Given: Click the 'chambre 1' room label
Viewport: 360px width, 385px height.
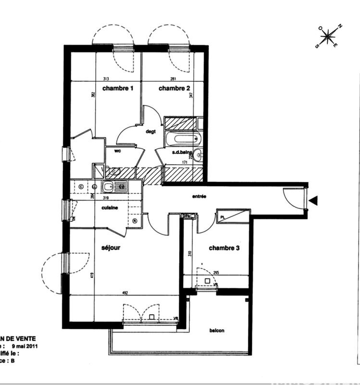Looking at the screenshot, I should click(x=118, y=89).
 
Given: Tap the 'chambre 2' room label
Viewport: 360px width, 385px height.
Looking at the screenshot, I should click(x=174, y=89).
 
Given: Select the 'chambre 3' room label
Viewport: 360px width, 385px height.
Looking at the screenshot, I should click(x=224, y=248).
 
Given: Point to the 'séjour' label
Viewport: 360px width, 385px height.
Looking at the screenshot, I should click(x=111, y=248).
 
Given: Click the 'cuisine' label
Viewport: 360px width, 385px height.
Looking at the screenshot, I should click(x=110, y=207).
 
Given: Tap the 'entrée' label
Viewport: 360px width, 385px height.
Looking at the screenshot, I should click(x=199, y=196).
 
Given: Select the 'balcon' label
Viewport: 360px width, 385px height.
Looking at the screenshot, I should click(x=217, y=331).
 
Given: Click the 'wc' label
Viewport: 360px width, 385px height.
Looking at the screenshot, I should click(x=117, y=151).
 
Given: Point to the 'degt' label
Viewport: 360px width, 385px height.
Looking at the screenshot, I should click(x=151, y=131).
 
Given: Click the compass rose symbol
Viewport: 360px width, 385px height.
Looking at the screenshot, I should click(x=328, y=36).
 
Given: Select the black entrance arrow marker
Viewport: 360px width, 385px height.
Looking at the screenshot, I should click(x=313, y=201).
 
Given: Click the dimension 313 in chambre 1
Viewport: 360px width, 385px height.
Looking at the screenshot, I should click(x=106, y=79).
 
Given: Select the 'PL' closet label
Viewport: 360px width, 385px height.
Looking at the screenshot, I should click(x=223, y=217).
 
